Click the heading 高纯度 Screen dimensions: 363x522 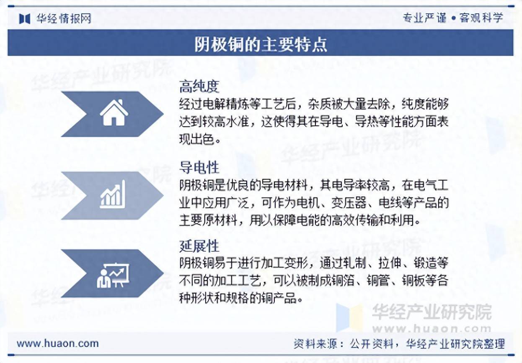coord(199,87)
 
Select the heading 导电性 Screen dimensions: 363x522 coord(199,167)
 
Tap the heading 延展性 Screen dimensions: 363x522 coord(199,246)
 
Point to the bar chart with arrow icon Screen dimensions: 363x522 coord(112,194)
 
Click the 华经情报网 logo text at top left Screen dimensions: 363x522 coord(64,18)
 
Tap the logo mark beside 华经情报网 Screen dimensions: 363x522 coord(25,18)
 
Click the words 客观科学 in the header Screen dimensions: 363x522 coord(481,18)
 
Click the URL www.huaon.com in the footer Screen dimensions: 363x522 coord(58,344)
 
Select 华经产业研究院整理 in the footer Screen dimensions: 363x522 coord(455,344)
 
